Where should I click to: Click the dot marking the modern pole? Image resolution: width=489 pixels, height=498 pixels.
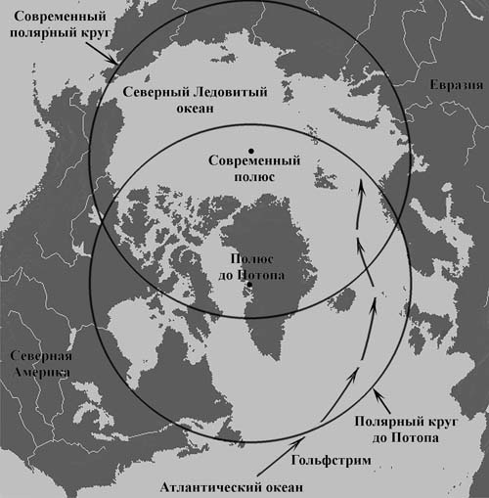tap(250, 149)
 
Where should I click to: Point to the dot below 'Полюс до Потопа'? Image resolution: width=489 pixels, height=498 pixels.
tap(251, 285)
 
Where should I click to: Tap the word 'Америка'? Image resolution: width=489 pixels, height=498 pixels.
tap(36, 373)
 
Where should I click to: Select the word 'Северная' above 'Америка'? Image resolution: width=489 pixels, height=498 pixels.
tap(38, 356)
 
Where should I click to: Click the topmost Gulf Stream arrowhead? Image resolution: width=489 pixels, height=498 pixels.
tap(361, 185)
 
